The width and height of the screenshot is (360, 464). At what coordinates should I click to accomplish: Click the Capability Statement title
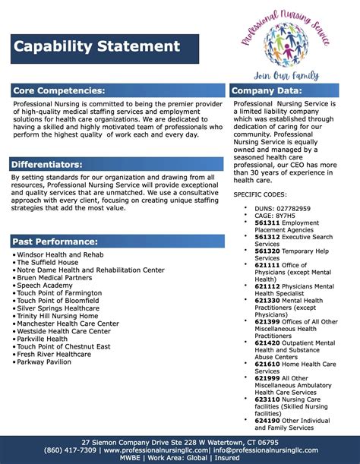point(96,47)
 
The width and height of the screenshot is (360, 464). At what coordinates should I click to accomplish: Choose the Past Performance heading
point(55,241)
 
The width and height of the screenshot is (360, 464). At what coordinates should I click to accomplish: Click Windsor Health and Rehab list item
point(60,254)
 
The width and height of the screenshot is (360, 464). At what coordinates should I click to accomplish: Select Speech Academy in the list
point(47,285)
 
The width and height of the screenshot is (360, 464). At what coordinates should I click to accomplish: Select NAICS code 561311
point(267,223)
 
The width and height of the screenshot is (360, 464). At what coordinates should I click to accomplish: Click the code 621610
point(267,364)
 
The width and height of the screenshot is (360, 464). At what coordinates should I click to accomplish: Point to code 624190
point(267,419)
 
